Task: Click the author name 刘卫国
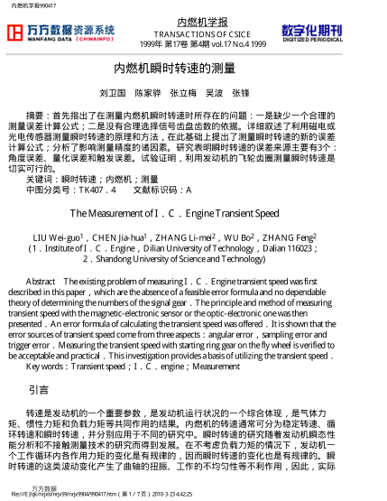[x=112, y=94]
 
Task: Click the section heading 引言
[x=39, y=390]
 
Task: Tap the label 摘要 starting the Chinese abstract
[x=35, y=116]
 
